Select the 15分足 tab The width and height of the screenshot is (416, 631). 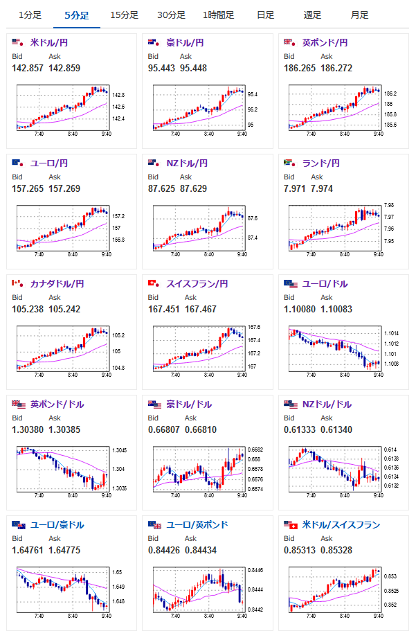pos(124,15)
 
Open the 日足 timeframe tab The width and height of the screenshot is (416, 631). pos(264,15)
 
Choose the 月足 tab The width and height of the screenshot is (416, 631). pos(359,15)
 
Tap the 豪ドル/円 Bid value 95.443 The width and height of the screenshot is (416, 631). pos(161,68)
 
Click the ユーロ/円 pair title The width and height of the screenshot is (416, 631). pos(48,163)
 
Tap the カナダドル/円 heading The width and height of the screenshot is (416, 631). pos(57,284)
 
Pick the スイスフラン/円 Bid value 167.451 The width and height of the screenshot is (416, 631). pos(164,309)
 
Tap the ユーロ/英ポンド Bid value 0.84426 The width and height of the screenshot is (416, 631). pos(164,550)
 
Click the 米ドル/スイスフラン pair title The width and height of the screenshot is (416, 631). pos(341,525)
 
